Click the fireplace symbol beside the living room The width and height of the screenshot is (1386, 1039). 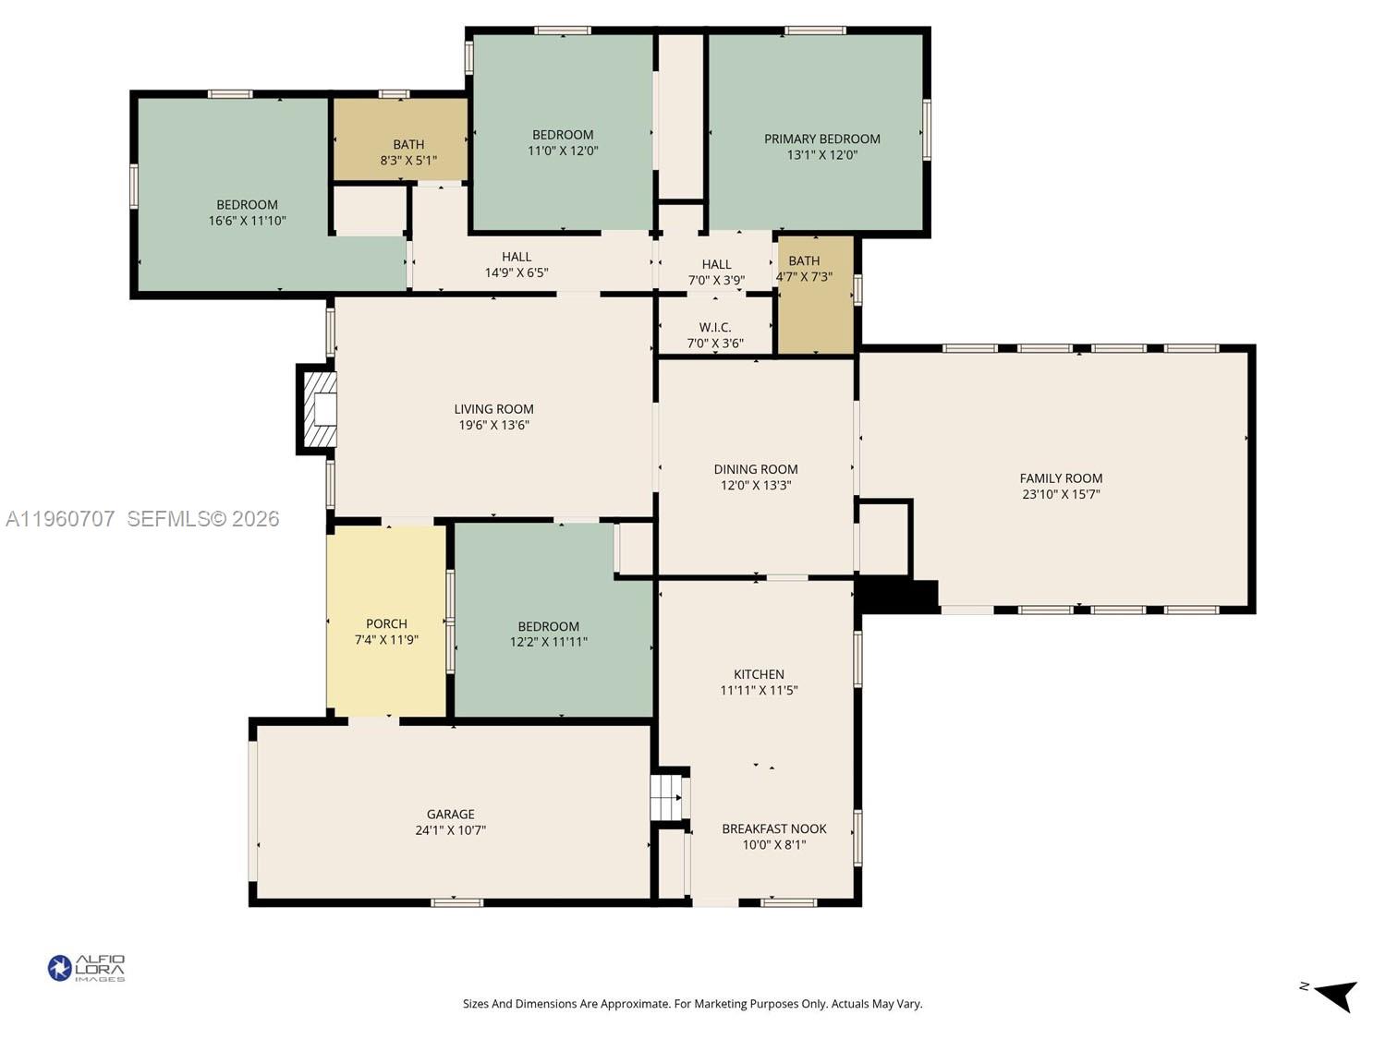tap(321, 409)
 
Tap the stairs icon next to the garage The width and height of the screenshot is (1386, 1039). tap(666, 797)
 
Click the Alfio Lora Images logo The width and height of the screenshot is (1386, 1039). tap(86, 968)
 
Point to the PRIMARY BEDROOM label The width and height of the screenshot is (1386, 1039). tap(821, 139)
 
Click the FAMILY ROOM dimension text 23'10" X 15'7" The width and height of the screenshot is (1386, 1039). tap(1061, 494)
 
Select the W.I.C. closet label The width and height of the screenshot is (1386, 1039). tap(715, 327)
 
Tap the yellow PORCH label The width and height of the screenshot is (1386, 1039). tap(386, 623)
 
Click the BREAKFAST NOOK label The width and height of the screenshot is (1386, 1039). tap(773, 828)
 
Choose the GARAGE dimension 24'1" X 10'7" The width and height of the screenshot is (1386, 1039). tap(450, 829)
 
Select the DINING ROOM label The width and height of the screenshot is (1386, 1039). tap(755, 469)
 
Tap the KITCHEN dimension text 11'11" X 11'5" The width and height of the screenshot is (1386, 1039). tap(759, 690)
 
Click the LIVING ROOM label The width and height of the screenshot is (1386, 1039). tap(493, 409)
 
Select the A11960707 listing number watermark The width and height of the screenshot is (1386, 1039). tap(60, 519)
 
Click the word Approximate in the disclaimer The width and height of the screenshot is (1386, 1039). tap(638, 1004)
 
